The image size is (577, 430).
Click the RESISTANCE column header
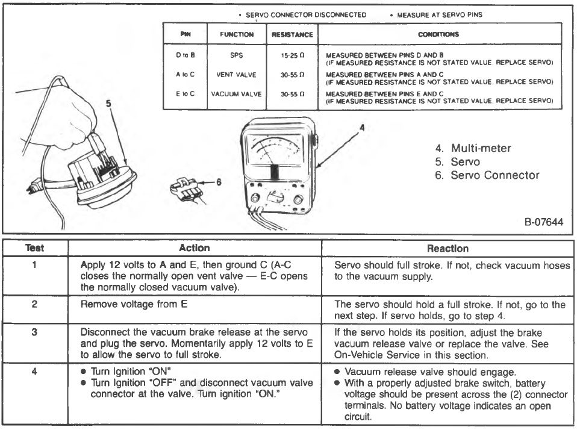pyautogui.click(x=293, y=34)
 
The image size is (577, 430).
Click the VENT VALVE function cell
pyautogui.click(x=236, y=76)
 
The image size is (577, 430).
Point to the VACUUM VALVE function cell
pyautogui.click(x=236, y=95)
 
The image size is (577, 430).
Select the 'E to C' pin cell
pyautogui.click(x=185, y=95)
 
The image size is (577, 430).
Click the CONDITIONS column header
pyautogui.click(x=438, y=34)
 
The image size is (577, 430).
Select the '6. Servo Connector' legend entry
pyautogui.click(x=487, y=175)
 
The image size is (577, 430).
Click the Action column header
pyautogui.click(x=195, y=248)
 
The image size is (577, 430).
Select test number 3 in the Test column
pyautogui.click(x=35, y=332)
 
